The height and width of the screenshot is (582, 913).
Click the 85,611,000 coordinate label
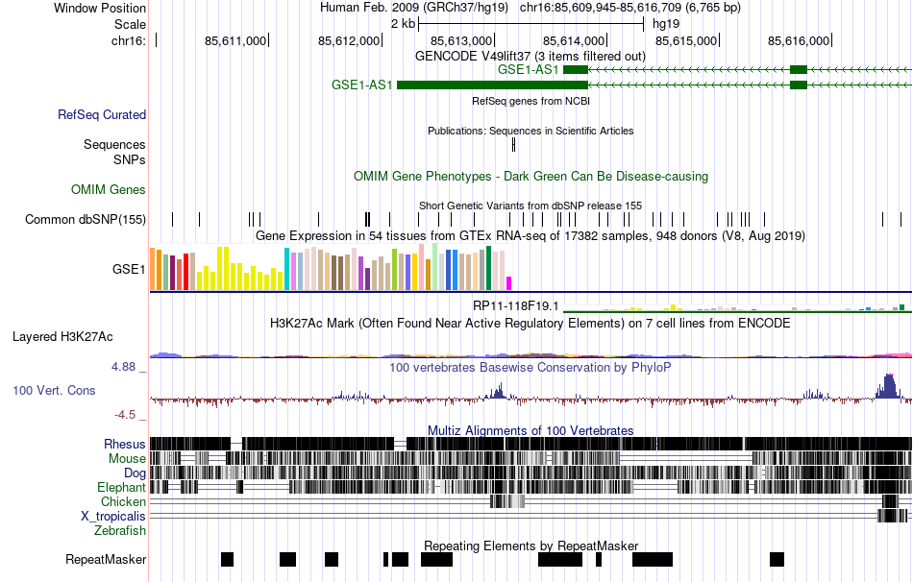coord(235,40)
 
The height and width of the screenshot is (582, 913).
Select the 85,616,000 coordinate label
coord(799,40)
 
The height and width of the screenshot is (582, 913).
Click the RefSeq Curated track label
coord(102,115)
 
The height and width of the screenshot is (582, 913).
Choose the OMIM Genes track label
coord(109,190)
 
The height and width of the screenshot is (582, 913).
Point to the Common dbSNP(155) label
coord(86,220)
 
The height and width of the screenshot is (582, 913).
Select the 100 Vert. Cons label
coord(55,391)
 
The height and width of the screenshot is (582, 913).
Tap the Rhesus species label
coord(125,444)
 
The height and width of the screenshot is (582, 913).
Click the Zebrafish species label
coord(120,530)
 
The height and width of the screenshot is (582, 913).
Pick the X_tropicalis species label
coord(113,516)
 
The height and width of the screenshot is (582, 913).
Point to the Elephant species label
coord(121,487)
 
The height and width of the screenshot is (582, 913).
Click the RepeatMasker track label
coord(106,559)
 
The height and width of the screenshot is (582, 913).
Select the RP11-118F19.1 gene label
coord(515,305)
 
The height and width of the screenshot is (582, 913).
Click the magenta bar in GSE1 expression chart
coord(509,282)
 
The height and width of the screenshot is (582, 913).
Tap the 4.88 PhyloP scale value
coord(129,367)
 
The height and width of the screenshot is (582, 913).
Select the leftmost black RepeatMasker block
coord(227,559)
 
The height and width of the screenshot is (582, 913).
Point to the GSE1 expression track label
coord(129,270)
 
